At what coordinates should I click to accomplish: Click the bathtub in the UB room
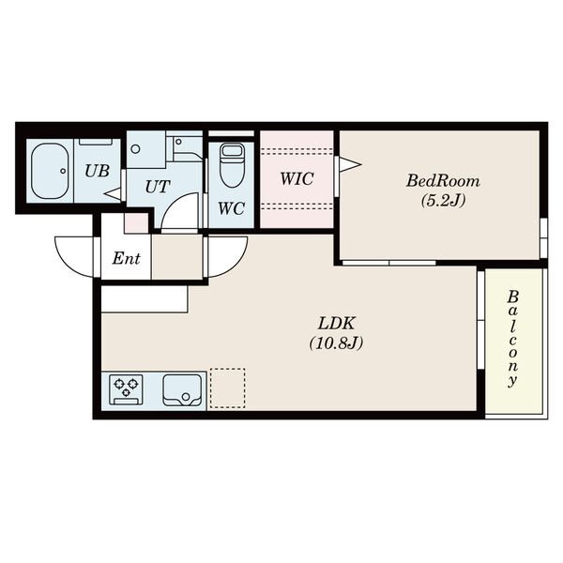coord(50,171)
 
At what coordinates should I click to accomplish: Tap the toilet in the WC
coord(232,165)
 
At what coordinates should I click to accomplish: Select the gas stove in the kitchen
coord(126,390)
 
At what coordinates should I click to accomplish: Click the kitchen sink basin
coord(182,390)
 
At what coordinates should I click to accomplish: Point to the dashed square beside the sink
coord(228,388)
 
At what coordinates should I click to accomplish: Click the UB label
coord(97,172)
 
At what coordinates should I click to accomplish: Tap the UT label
coord(157,187)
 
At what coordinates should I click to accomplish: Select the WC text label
coord(232,208)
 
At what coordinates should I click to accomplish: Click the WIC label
coord(297,179)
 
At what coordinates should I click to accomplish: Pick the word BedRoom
coord(443,181)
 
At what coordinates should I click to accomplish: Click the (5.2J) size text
coord(443,201)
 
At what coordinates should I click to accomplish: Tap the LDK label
coord(337,324)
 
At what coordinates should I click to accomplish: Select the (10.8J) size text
coord(337,343)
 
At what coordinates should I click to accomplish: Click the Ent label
coord(126,258)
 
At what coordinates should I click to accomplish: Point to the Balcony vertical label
coord(512,339)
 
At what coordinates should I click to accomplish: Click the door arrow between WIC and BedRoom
coord(350,165)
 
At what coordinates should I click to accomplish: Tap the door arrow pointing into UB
coord(114,194)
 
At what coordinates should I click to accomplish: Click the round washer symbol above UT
coord(135,148)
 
